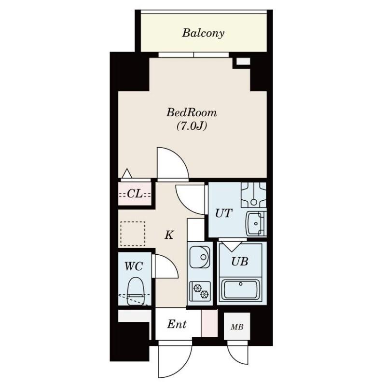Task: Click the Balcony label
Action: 203,33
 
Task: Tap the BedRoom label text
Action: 192,113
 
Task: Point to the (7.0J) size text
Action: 192,126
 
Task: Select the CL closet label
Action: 135,194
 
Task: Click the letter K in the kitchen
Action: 169,235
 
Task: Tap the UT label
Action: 223,213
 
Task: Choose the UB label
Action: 240,262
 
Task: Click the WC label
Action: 134,266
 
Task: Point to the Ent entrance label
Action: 177,324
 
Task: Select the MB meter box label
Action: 237,327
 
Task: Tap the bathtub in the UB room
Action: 240,290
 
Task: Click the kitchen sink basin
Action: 200,257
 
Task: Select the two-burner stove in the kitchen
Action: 200,291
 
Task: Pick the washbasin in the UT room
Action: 256,224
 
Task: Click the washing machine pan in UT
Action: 254,194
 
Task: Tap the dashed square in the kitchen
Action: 133,234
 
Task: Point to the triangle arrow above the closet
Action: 127,173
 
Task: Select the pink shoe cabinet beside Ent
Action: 209,323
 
